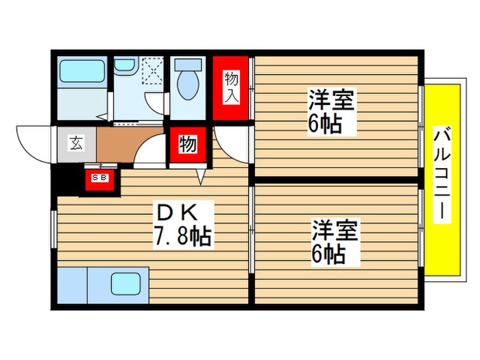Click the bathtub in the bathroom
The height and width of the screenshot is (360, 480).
(x=82, y=71)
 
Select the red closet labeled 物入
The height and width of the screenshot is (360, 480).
(x=232, y=88)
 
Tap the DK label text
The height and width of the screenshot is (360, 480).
(x=180, y=208)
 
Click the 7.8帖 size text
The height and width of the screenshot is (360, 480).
(x=182, y=237)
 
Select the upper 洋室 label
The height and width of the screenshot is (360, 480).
(x=332, y=101)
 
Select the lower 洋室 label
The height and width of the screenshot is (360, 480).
(x=335, y=229)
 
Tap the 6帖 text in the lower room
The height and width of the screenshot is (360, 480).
(x=330, y=254)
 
